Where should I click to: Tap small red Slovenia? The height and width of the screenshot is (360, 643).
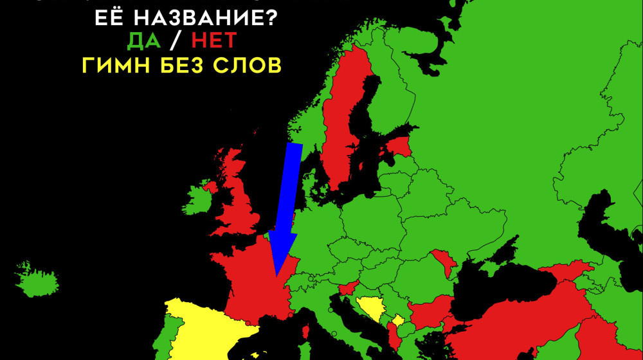(348, 289)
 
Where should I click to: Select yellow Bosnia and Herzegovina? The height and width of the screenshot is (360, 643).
(370, 310)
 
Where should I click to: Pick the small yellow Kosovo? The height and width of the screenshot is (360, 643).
(398, 320)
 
